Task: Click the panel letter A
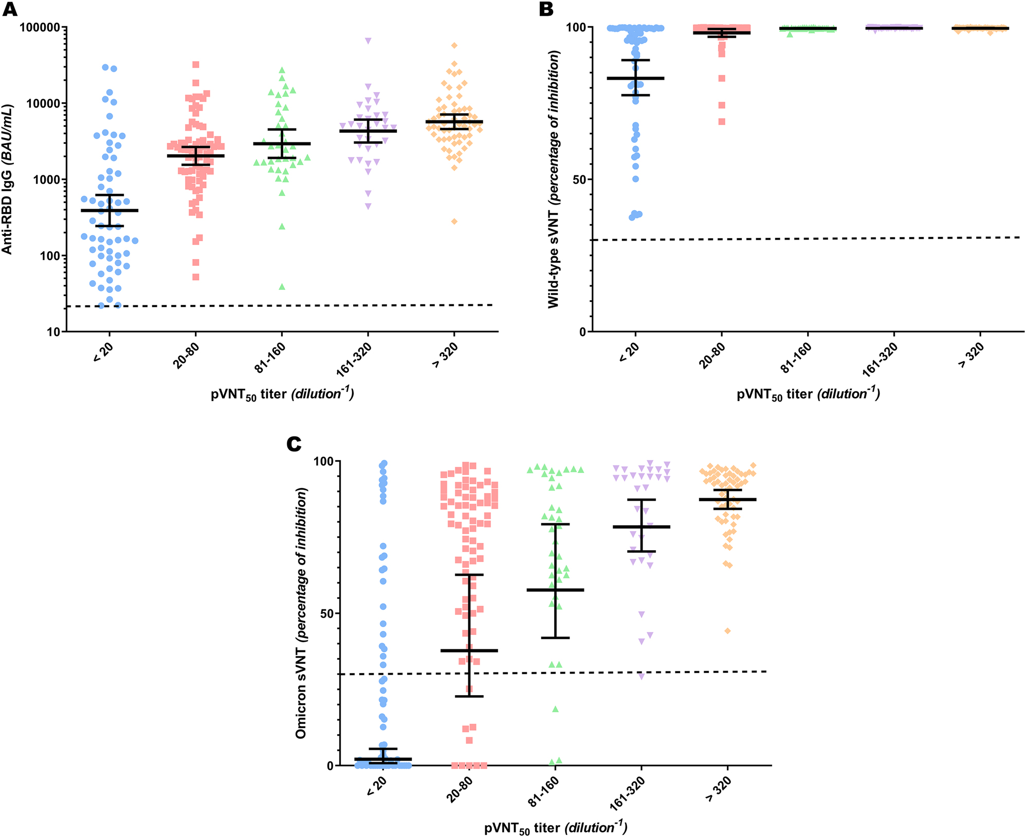tap(10, 9)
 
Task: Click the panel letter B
tap(546, 9)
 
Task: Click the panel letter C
tap(294, 443)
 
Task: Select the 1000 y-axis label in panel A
tap(47, 180)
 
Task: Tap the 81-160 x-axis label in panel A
tap(270, 358)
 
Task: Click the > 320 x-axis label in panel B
tap(970, 356)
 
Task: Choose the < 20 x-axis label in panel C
tap(377, 787)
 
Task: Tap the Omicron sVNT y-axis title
tap(301, 613)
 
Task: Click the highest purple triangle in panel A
tap(368, 41)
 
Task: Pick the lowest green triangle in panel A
tap(282, 287)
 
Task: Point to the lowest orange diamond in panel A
tap(454, 222)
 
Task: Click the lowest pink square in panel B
tap(722, 122)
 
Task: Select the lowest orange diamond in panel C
tap(728, 631)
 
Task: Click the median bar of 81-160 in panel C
tap(555, 590)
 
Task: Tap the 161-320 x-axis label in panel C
tap(627, 793)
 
